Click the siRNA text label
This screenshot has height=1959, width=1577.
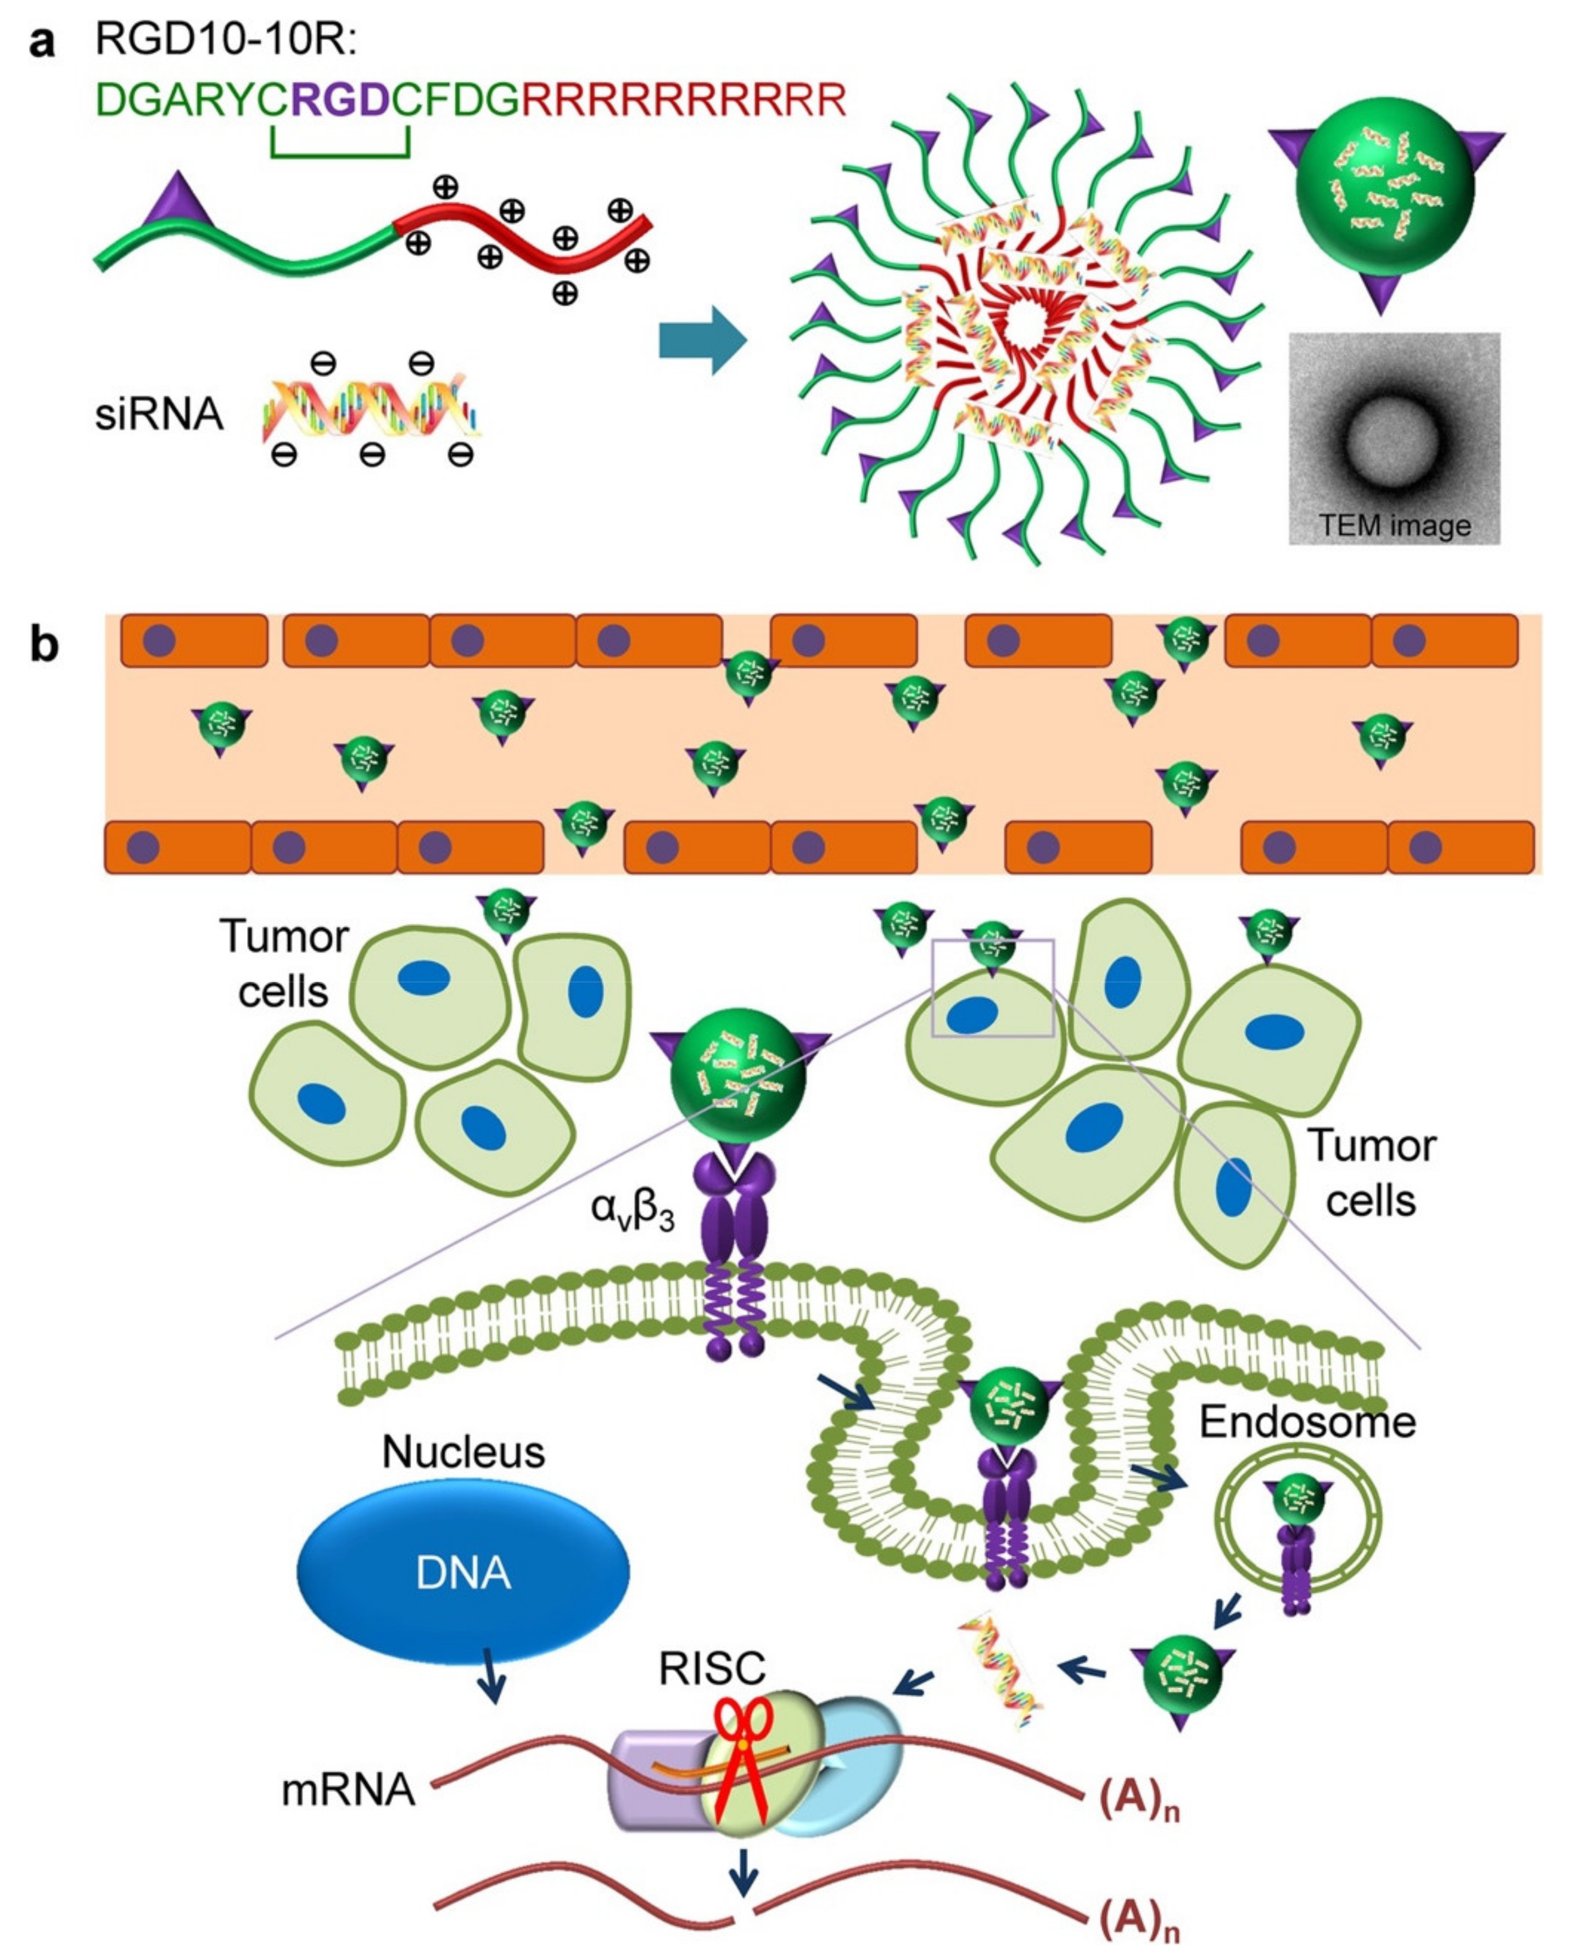tap(159, 415)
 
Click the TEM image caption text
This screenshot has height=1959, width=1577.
tap(1394, 525)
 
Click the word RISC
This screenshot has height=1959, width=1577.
tap(712, 1668)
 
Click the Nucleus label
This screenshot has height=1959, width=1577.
tap(463, 1452)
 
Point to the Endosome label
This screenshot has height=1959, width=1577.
tap(1307, 1422)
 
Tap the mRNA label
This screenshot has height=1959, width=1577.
tap(348, 1790)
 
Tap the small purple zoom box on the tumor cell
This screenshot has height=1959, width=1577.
tap(993, 989)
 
